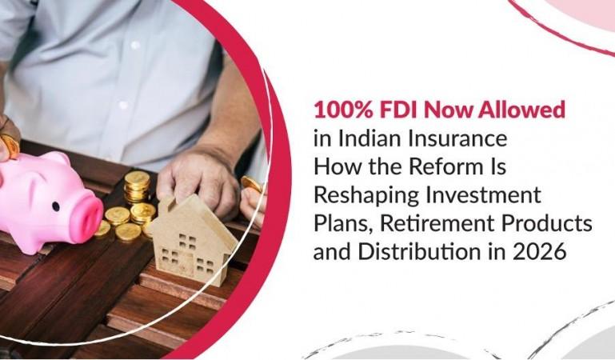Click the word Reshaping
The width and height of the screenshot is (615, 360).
click(x=361, y=194)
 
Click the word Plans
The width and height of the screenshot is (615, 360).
click(x=338, y=223)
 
